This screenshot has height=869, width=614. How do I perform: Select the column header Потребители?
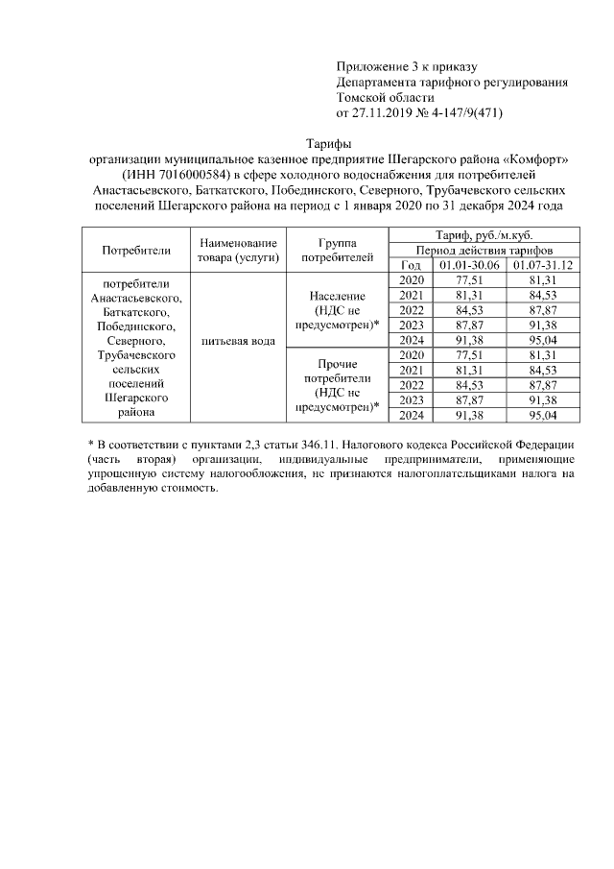tap(135, 251)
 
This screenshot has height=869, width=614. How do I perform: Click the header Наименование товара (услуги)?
tap(239, 251)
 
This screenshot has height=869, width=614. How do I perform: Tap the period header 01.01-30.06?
tap(469, 265)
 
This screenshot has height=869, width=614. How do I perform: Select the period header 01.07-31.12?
tap(544, 265)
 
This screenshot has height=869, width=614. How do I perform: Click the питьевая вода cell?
tap(239, 341)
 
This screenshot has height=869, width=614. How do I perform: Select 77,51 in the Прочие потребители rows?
tap(469, 355)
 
